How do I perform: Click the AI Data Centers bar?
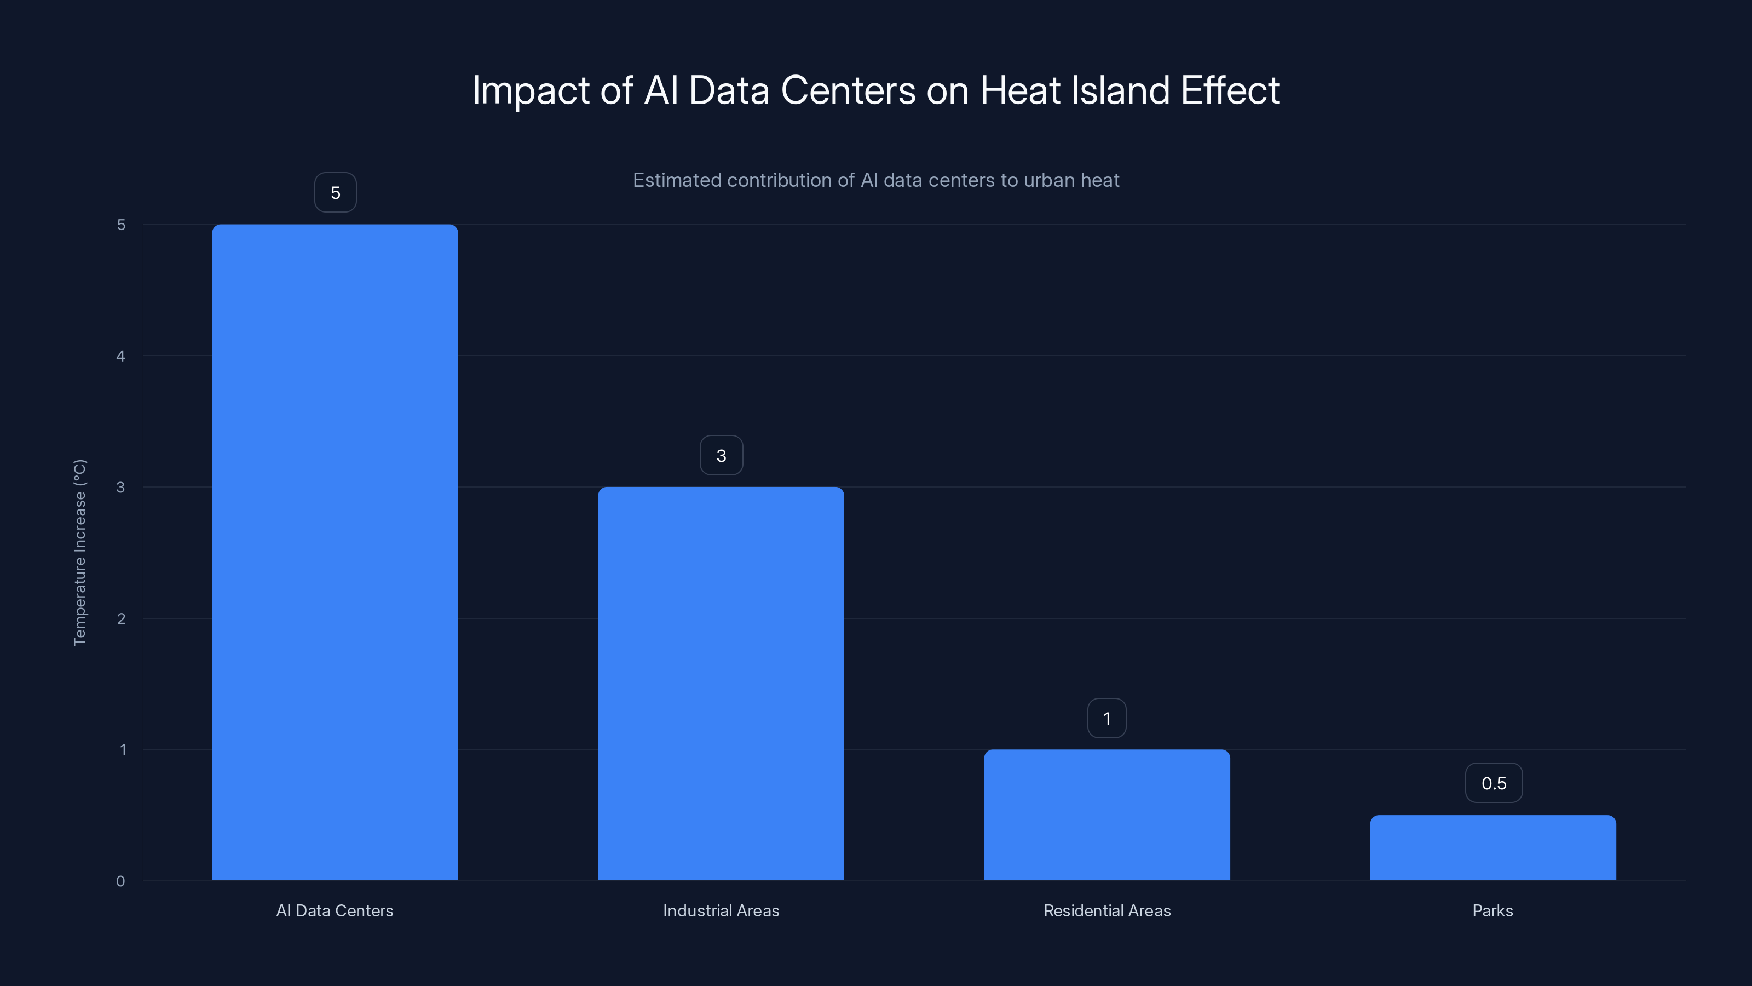335,552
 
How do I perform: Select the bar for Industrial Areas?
721,683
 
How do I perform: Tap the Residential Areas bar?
1106,815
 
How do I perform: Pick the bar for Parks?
1493,847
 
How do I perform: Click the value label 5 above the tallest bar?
335,193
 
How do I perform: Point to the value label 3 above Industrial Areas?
721,455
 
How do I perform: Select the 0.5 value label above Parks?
1494,783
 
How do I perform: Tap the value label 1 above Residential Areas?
1106,719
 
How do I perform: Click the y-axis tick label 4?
121,356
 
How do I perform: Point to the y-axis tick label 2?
121,618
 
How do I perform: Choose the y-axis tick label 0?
120,881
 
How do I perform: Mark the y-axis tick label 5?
121,225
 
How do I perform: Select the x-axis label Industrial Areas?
721,910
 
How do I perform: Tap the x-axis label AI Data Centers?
335,910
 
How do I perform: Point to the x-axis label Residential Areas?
1106,910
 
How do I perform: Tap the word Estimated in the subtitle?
676,180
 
